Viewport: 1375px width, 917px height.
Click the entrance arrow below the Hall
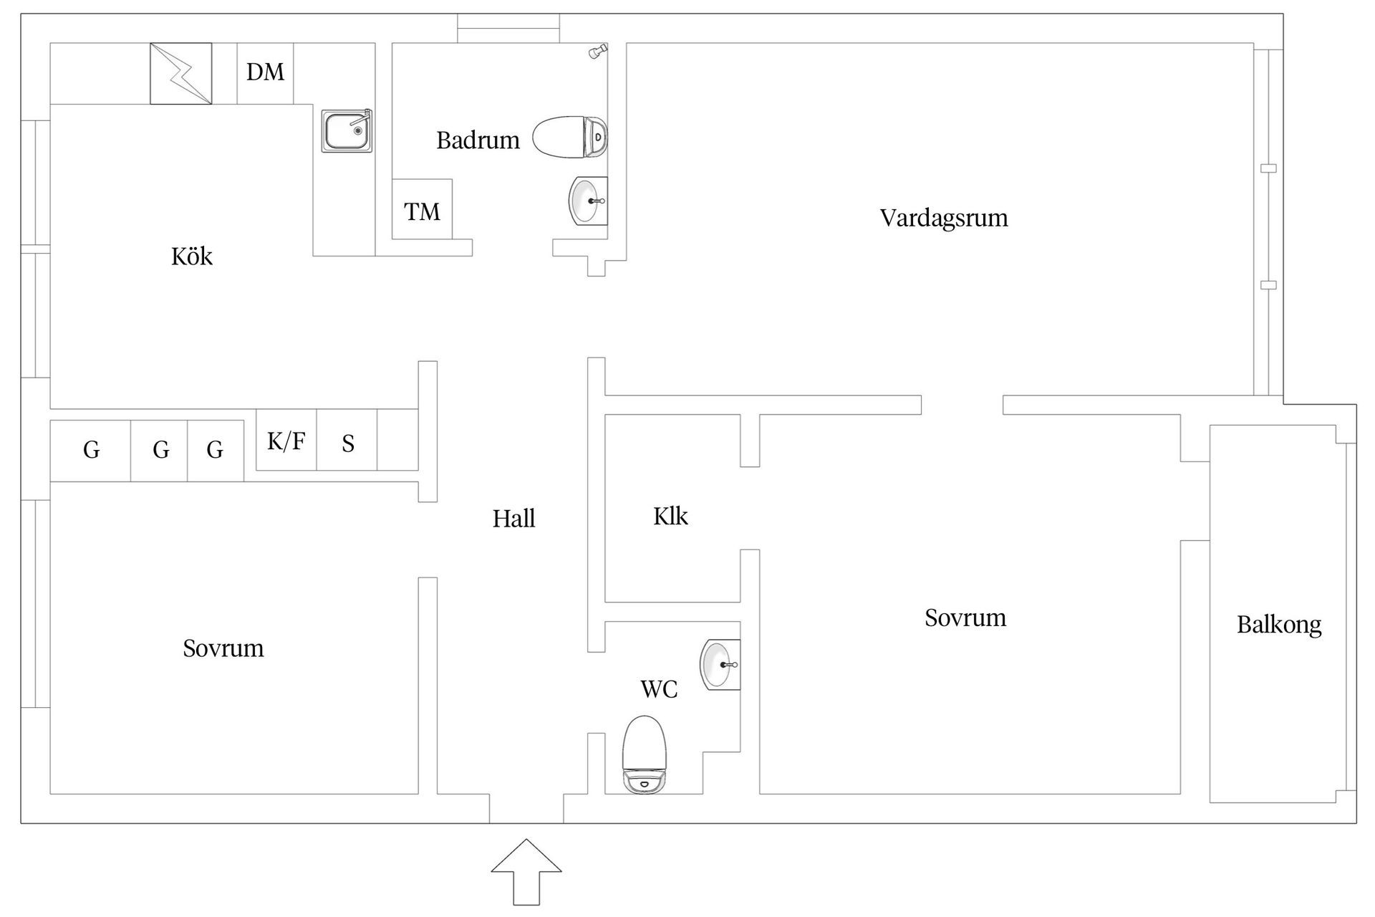point(526,870)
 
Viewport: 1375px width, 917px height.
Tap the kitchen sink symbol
point(347,131)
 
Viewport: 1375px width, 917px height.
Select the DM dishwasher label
point(265,72)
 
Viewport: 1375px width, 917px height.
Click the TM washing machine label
point(422,212)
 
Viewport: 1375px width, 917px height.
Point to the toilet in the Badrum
point(570,137)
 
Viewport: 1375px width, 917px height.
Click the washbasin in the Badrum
point(588,201)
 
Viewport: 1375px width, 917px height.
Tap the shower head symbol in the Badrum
point(597,52)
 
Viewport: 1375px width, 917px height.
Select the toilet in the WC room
point(645,755)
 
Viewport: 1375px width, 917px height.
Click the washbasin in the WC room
point(720,664)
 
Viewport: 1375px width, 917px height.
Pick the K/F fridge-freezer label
point(286,441)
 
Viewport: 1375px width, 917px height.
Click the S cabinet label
point(348,444)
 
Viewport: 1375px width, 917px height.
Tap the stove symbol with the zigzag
point(180,74)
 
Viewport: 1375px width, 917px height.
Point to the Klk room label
point(670,517)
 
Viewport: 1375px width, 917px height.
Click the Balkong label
point(1279,625)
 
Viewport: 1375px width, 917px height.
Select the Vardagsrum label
point(944,218)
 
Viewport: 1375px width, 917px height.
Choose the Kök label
point(192,256)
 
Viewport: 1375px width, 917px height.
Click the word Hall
point(513,519)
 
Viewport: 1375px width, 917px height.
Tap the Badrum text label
point(478,140)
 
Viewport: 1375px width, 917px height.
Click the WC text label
point(659,689)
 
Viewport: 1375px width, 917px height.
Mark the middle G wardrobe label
point(161,450)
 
